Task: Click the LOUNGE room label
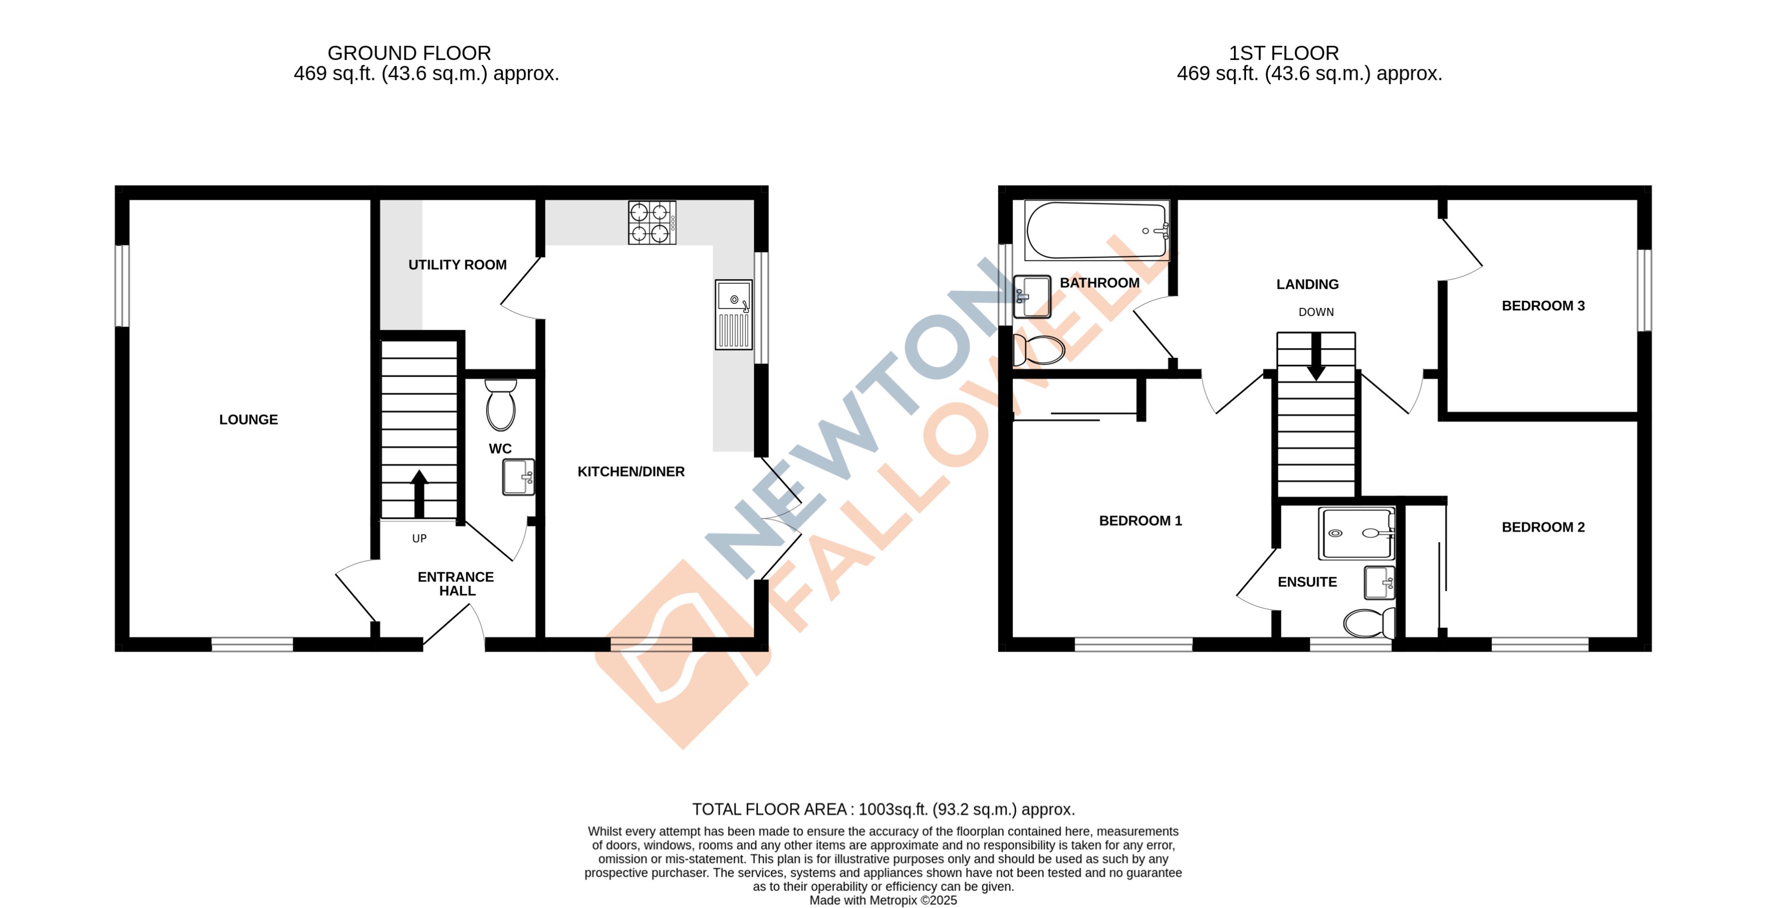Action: [x=248, y=420]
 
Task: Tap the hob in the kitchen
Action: [x=652, y=222]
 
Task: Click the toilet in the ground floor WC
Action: [x=501, y=405]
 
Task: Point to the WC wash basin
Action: [x=518, y=476]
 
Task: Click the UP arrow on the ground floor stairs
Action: [x=419, y=494]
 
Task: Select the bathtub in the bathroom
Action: [x=1096, y=231]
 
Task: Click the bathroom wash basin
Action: [x=1031, y=296]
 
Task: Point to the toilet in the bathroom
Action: [x=1038, y=350]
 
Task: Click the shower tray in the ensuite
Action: [x=1356, y=533]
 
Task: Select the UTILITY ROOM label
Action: [x=457, y=264]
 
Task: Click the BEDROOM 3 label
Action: [x=1543, y=306]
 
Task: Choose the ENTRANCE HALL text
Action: [x=456, y=583]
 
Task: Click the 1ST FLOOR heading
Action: [x=1283, y=53]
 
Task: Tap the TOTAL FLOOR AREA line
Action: [x=883, y=809]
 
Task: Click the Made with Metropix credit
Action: [x=883, y=900]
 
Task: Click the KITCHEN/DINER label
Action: [x=631, y=472]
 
